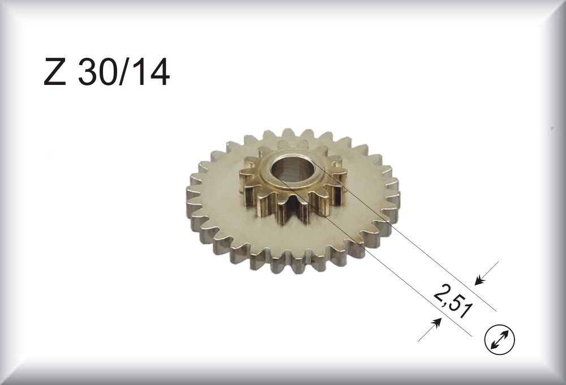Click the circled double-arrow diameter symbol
[x=500, y=339]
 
